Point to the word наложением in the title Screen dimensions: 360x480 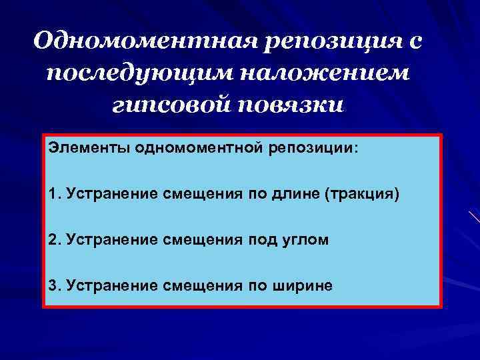point(339,73)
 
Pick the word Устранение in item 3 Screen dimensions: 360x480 point(109,285)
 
